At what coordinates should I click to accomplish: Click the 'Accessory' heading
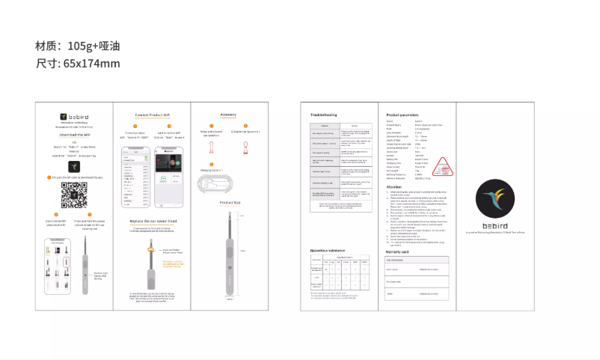coord(228,115)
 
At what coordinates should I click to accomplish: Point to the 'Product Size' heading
coord(229,203)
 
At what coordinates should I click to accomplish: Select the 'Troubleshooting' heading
coord(324,115)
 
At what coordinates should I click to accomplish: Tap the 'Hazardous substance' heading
coord(328,249)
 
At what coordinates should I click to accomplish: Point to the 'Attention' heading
coord(395,186)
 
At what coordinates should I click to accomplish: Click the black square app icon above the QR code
coord(74,165)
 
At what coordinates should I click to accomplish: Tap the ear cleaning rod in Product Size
coord(228,254)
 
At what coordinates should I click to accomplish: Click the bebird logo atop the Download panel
coord(74,117)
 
